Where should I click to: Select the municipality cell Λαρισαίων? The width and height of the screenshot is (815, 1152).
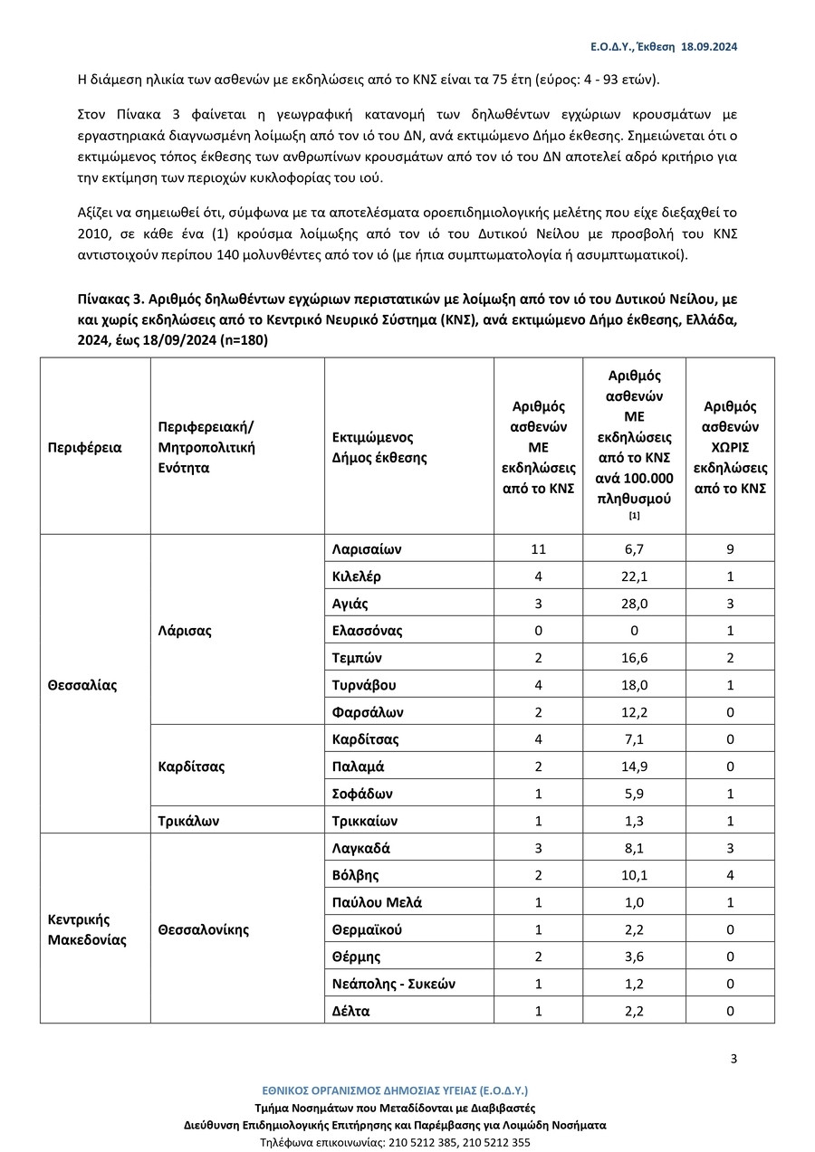click(x=366, y=549)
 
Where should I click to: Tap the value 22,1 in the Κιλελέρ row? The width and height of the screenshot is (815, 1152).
click(x=634, y=576)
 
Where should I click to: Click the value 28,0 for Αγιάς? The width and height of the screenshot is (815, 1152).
click(x=634, y=604)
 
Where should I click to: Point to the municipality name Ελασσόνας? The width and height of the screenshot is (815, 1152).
click(x=367, y=631)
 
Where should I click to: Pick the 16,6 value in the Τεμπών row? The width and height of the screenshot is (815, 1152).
click(x=634, y=658)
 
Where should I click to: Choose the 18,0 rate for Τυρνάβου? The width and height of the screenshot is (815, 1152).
click(x=634, y=685)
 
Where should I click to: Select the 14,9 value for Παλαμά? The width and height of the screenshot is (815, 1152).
click(x=634, y=766)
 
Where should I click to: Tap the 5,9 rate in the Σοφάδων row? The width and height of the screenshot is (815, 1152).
click(x=634, y=794)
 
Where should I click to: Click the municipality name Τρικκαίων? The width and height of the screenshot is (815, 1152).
click(x=365, y=822)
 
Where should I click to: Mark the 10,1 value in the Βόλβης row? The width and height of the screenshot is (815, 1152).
click(x=634, y=875)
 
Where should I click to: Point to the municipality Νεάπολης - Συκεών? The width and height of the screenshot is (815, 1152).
click(x=393, y=984)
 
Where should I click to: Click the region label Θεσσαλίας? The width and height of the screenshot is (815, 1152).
click(x=82, y=685)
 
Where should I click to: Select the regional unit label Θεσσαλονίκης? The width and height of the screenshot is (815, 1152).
click(x=203, y=929)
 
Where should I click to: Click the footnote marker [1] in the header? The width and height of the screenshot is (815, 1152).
click(x=634, y=516)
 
